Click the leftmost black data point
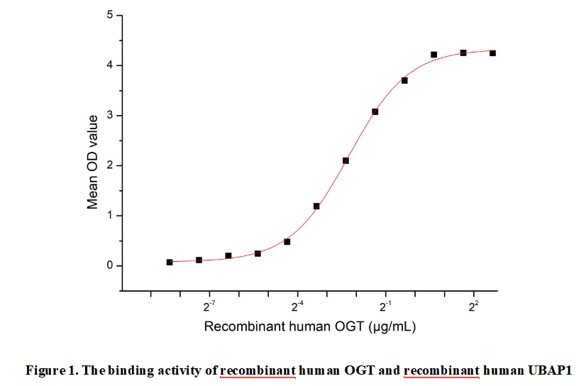pos(170,262)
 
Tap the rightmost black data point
pos(492,53)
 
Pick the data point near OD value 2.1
pos(345,160)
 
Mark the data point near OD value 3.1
pos(375,111)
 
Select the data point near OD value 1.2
pos(316,206)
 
